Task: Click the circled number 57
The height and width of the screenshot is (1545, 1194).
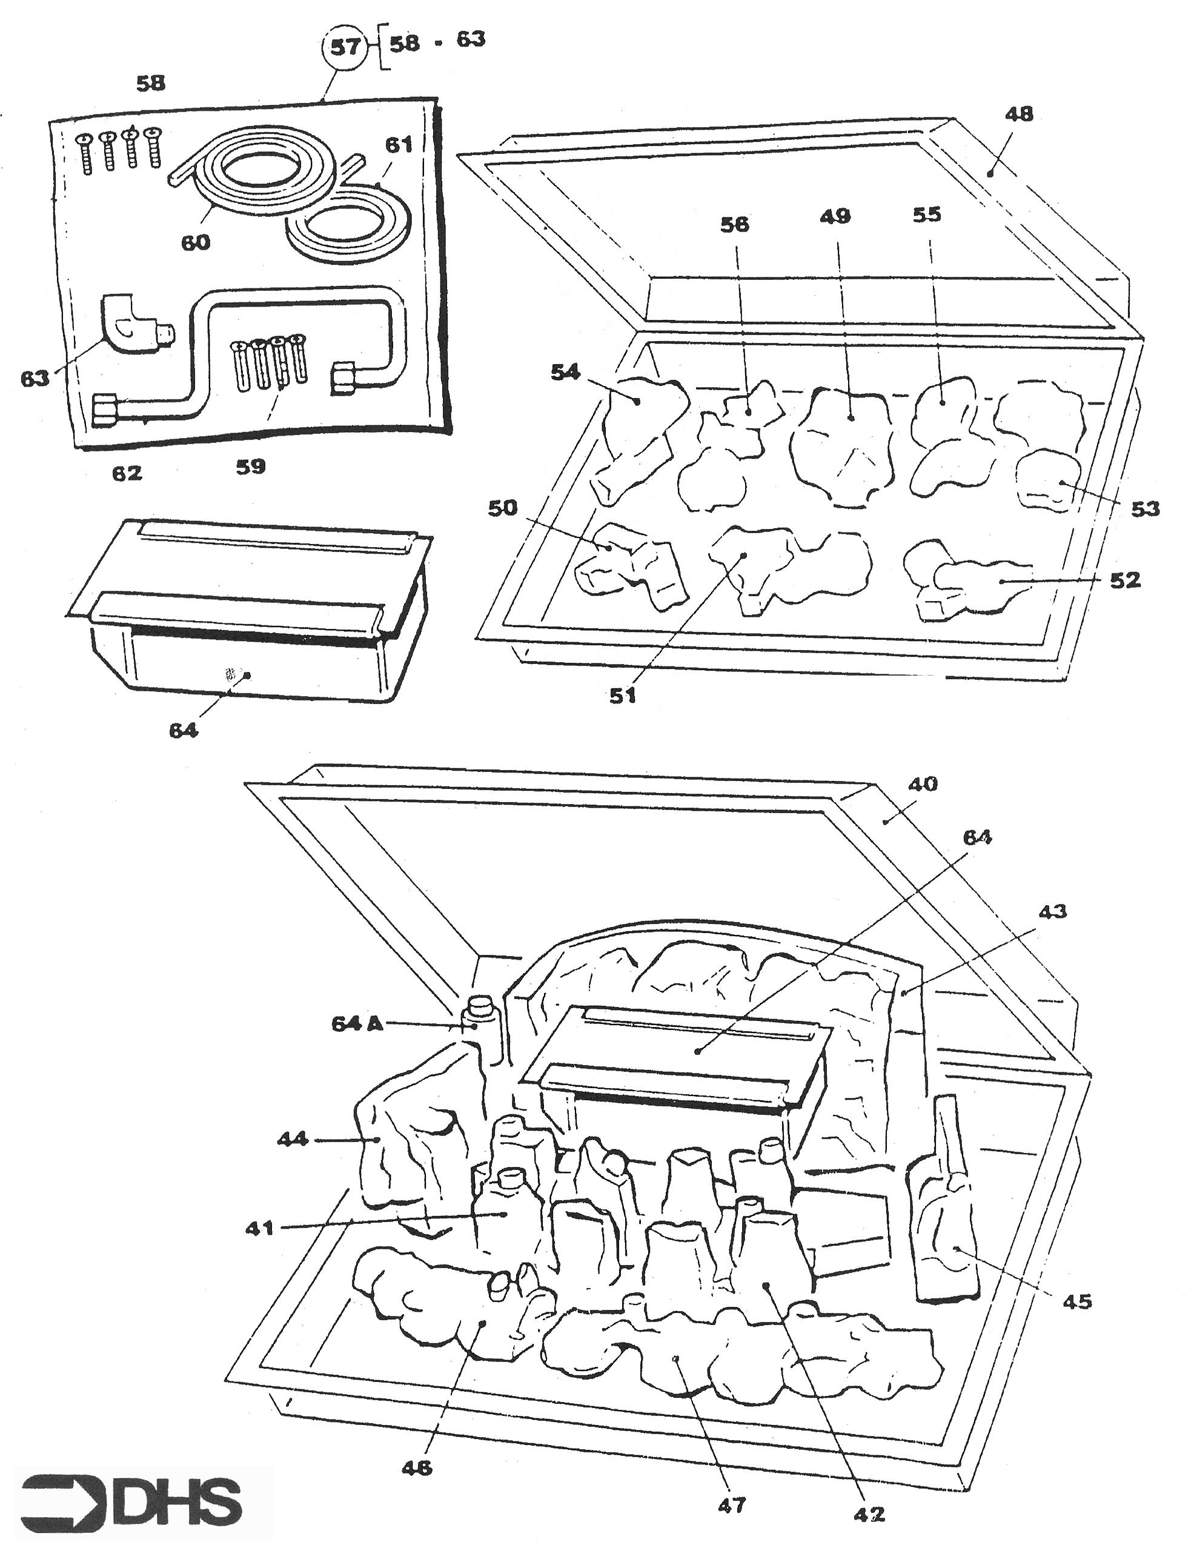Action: pyautogui.click(x=345, y=48)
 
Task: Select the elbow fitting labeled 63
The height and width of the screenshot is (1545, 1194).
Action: pyautogui.click(x=134, y=324)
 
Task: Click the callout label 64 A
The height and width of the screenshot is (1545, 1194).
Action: pyautogui.click(x=357, y=1023)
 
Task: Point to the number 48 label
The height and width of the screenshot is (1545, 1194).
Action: pyautogui.click(x=1018, y=114)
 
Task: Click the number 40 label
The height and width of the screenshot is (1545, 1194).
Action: pyautogui.click(x=923, y=784)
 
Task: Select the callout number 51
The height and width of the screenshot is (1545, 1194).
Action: pyautogui.click(x=623, y=696)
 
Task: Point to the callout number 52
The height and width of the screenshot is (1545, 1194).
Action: pyautogui.click(x=1126, y=580)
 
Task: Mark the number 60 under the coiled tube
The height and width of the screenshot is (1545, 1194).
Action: pyautogui.click(x=196, y=242)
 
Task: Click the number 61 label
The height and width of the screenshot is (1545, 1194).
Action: pyautogui.click(x=398, y=144)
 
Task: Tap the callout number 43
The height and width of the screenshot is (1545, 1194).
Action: pyautogui.click(x=1052, y=911)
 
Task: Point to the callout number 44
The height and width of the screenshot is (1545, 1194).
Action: pyautogui.click(x=293, y=1138)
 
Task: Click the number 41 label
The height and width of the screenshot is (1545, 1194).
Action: pyautogui.click(x=260, y=1228)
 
